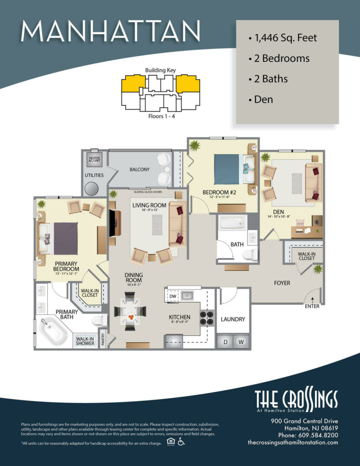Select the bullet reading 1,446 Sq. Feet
283,38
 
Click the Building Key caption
160,71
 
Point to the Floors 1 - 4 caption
160,116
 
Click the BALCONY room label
139,169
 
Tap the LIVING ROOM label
150,205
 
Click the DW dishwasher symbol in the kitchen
172,296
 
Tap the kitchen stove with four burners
207,317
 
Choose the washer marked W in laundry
241,341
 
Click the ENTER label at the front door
312,306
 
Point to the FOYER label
282,283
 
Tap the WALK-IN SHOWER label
85,341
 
